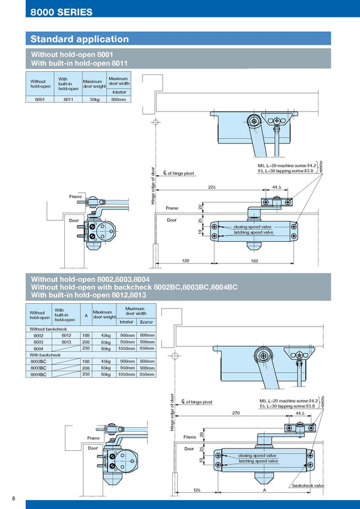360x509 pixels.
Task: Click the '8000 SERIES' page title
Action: coord(62,12)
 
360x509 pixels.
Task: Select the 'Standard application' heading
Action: coord(80,39)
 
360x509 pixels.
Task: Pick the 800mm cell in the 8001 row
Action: coord(119,100)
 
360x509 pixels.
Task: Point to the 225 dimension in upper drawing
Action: coord(212,187)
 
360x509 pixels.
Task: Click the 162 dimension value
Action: coord(255,261)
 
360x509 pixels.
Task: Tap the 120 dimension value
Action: coord(186,261)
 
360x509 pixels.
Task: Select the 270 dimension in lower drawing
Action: coord(236,414)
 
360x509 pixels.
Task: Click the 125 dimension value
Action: coord(196,490)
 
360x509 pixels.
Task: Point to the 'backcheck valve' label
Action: coord(308,485)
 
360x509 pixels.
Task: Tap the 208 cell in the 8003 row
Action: coord(86,342)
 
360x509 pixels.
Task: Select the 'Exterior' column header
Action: coord(146,322)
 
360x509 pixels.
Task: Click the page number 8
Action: coord(14,499)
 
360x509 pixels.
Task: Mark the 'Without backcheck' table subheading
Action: coord(48,329)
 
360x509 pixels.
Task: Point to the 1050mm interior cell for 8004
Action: coord(127,348)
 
